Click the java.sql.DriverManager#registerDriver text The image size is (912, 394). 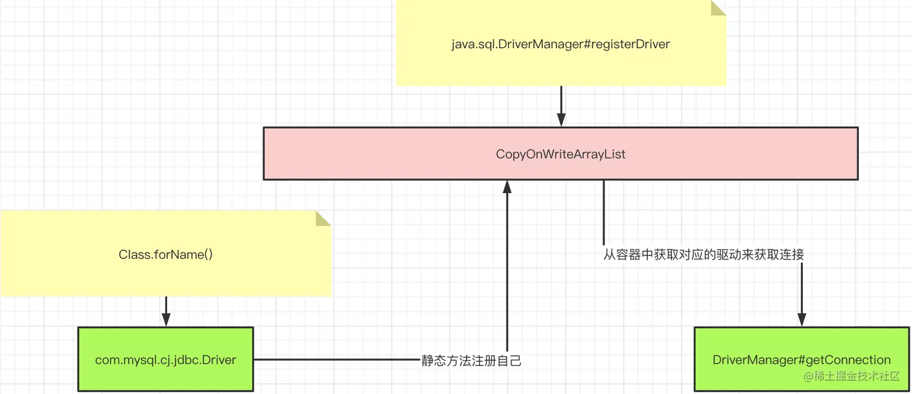coord(560,44)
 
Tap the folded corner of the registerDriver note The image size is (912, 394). coord(718,8)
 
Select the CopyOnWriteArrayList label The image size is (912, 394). coord(560,154)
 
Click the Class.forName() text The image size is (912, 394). coord(166,254)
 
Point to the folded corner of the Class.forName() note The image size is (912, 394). coord(323,218)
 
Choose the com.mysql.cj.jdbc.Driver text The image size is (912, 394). coord(166,360)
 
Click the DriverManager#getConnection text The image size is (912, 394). coord(802,360)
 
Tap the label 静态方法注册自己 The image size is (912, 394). coord(471,361)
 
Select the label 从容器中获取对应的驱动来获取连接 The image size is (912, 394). coord(703,255)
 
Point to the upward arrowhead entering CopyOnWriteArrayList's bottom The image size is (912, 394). coord(507,187)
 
